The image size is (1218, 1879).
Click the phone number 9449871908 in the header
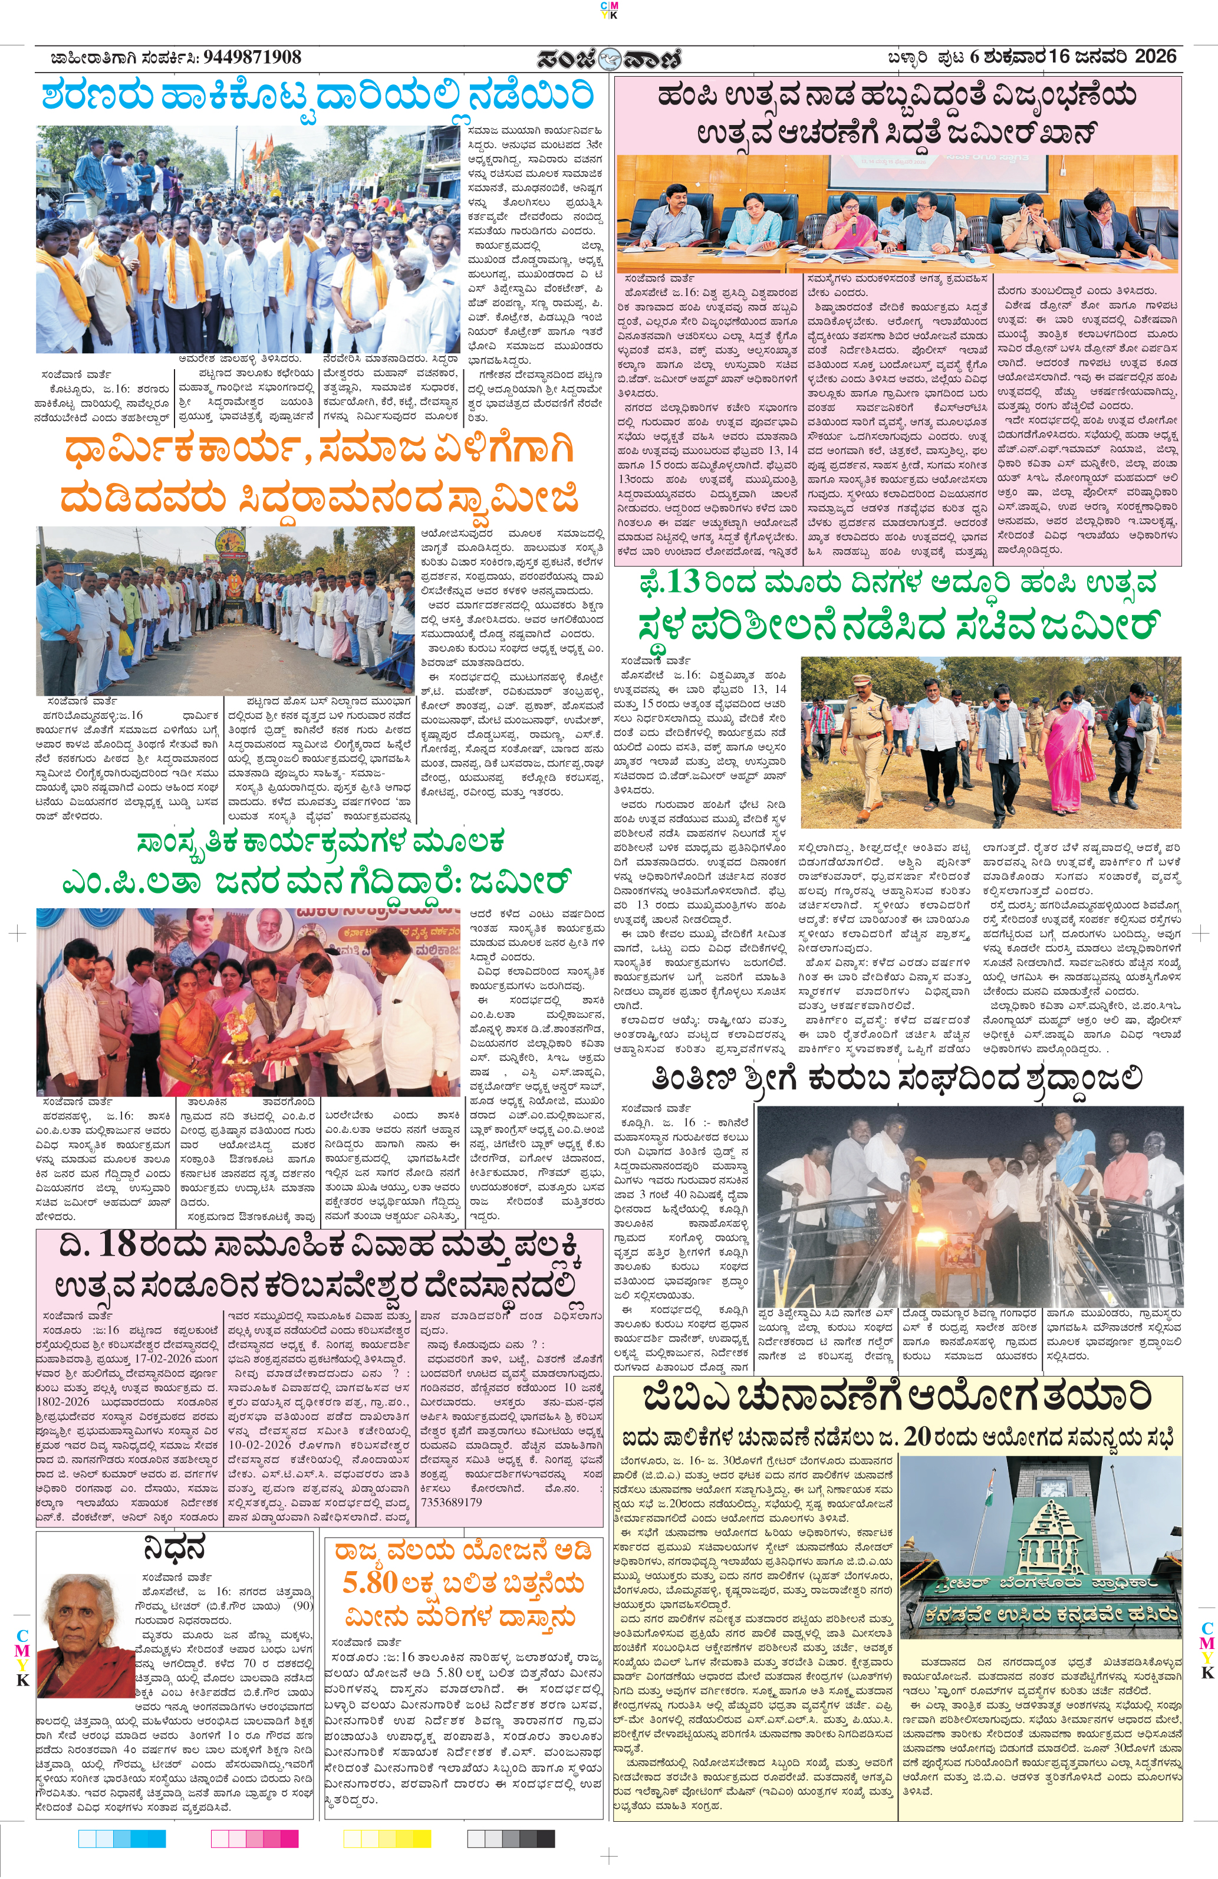pyautogui.click(x=252, y=58)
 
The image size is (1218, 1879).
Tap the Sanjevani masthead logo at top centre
pyautogui.click(x=608, y=59)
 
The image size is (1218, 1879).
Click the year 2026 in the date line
pyautogui.click(x=1155, y=57)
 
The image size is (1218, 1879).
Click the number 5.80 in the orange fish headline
pyautogui.click(x=370, y=1582)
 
